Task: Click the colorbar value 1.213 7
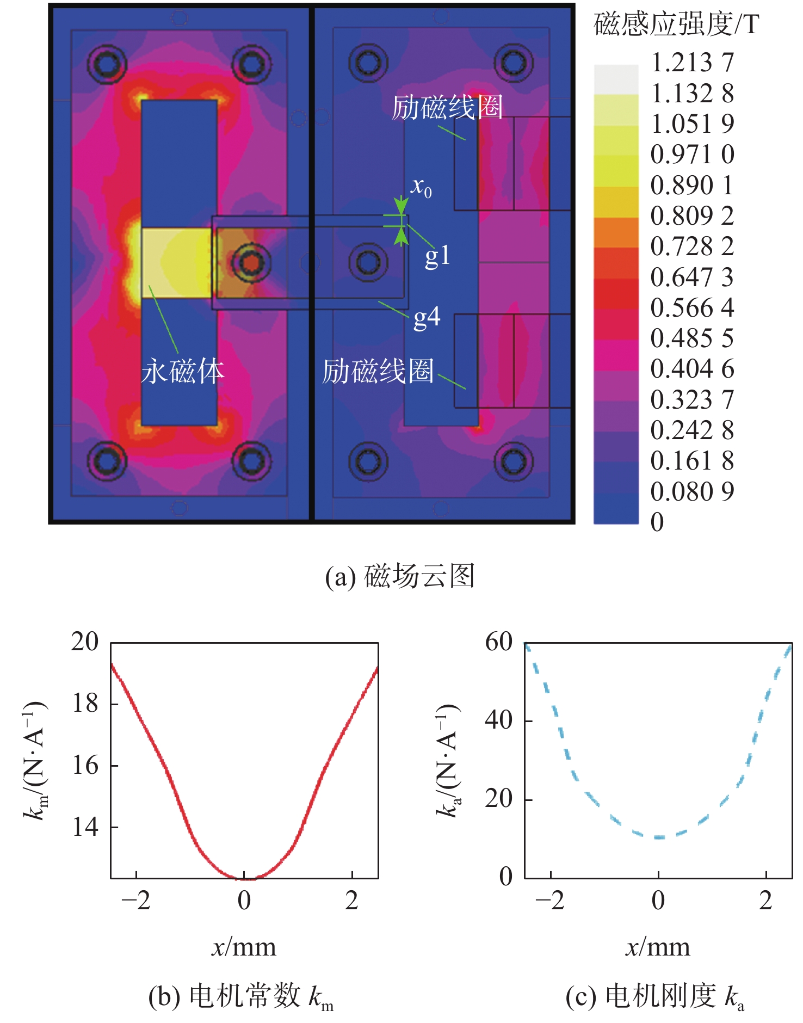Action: point(692,63)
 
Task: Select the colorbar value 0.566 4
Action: point(692,308)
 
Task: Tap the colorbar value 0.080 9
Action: point(692,492)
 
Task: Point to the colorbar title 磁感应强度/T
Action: point(676,24)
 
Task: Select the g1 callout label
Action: point(437,256)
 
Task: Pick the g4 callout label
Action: point(427,317)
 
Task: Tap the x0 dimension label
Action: point(421,187)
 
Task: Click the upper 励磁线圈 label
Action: point(447,108)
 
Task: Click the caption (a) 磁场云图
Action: point(400,576)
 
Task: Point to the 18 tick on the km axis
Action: point(85,704)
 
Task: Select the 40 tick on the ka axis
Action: point(499,721)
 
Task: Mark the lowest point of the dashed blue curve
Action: point(659,837)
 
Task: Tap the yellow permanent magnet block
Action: point(176,263)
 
